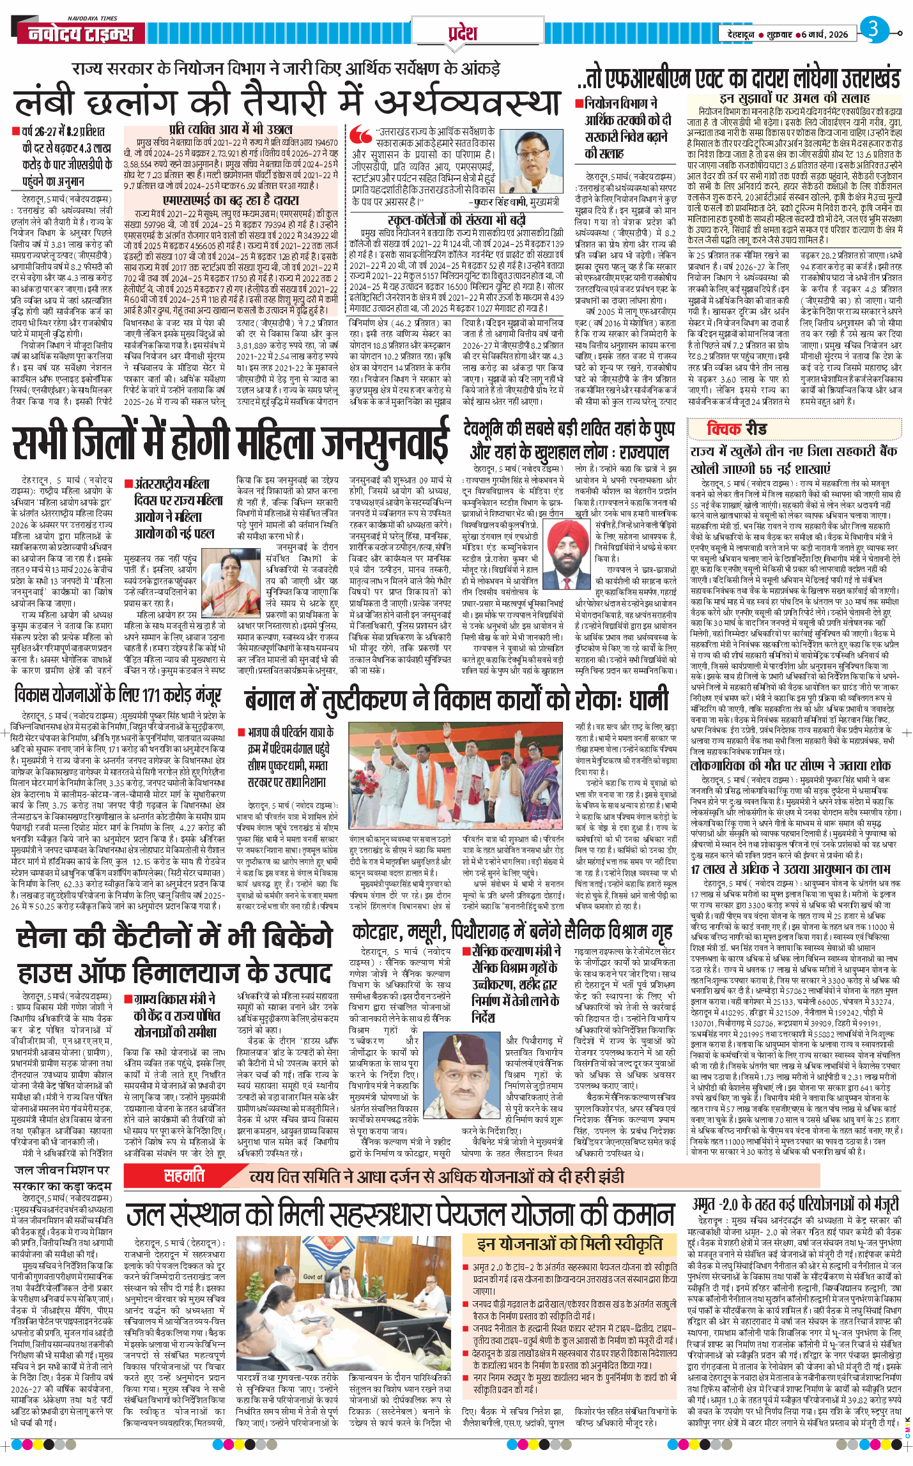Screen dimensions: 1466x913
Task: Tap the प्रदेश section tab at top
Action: (x=462, y=33)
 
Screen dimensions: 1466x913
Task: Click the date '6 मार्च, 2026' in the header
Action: (x=824, y=34)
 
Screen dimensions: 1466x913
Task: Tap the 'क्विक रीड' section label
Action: (x=736, y=429)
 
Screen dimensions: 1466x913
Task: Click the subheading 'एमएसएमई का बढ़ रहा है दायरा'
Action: (x=231, y=200)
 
